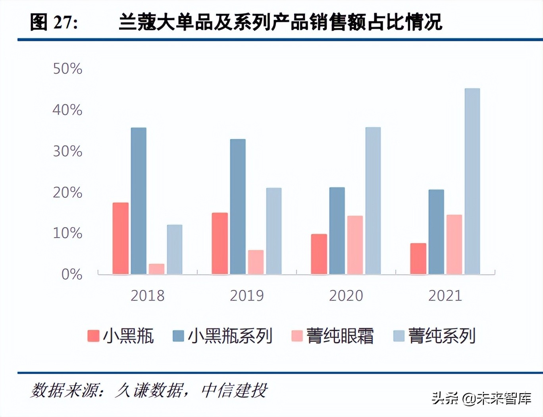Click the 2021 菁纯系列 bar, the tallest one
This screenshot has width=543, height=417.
pos(472,181)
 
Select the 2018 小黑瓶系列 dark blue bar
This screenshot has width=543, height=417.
pos(139,201)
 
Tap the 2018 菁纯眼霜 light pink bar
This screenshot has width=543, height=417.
pos(156,269)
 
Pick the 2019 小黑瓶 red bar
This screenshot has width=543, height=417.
pos(220,243)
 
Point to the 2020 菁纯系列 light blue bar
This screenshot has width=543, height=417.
pos(373,201)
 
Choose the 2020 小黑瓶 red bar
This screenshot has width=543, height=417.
pos(319,254)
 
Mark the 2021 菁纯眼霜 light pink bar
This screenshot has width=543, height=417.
pos(454,244)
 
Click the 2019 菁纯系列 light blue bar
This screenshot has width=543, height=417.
pos(273,231)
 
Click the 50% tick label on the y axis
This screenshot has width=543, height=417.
pos(67,69)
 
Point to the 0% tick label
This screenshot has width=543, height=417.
pos(71,274)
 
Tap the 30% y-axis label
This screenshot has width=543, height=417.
pos(67,151)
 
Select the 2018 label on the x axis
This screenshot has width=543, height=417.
pos(147,295)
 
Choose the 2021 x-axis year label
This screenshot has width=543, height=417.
pos(445,295)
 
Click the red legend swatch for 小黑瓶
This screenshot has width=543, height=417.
pos(93,336)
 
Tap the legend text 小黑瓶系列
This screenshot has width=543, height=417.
pos(230,336)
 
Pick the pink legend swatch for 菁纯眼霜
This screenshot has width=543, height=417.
pos(297,336)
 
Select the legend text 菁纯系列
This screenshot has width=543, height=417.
pos(442,336)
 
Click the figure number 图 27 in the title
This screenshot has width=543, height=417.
pos(54,22)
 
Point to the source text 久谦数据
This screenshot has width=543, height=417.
pos(149,391)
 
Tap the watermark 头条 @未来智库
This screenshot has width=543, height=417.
pos(481,398)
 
